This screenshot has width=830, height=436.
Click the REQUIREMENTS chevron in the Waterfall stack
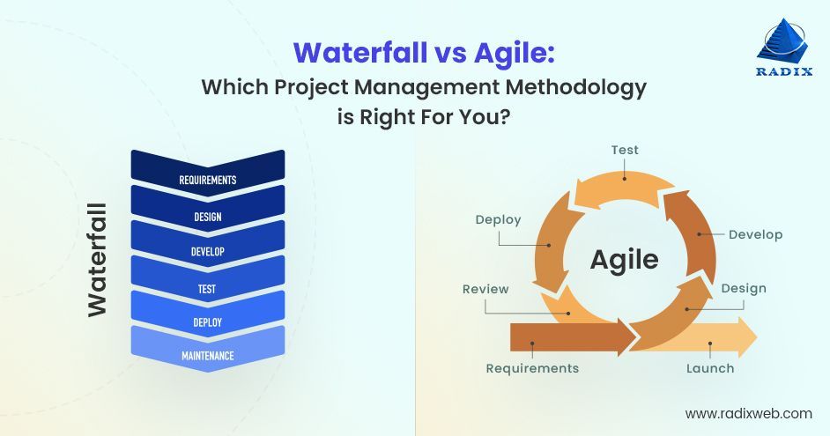208,180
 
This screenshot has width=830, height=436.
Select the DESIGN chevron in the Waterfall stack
208,216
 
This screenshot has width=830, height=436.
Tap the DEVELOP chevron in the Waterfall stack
208,252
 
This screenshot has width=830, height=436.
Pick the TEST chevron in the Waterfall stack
208,288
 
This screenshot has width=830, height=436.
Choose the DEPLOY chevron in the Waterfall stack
208,322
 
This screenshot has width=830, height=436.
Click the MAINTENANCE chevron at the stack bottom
208,356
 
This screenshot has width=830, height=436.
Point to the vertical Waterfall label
96,259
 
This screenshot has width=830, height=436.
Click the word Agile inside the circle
624,259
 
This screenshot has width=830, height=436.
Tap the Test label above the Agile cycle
625,151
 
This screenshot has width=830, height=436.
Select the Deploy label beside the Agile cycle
498,219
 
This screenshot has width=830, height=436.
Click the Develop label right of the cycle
755,234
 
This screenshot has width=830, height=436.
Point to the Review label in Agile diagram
485,289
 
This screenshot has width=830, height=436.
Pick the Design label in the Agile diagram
743,288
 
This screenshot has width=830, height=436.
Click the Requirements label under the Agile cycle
532,368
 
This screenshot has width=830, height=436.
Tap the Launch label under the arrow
710,368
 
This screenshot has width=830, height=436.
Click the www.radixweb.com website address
748,412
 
